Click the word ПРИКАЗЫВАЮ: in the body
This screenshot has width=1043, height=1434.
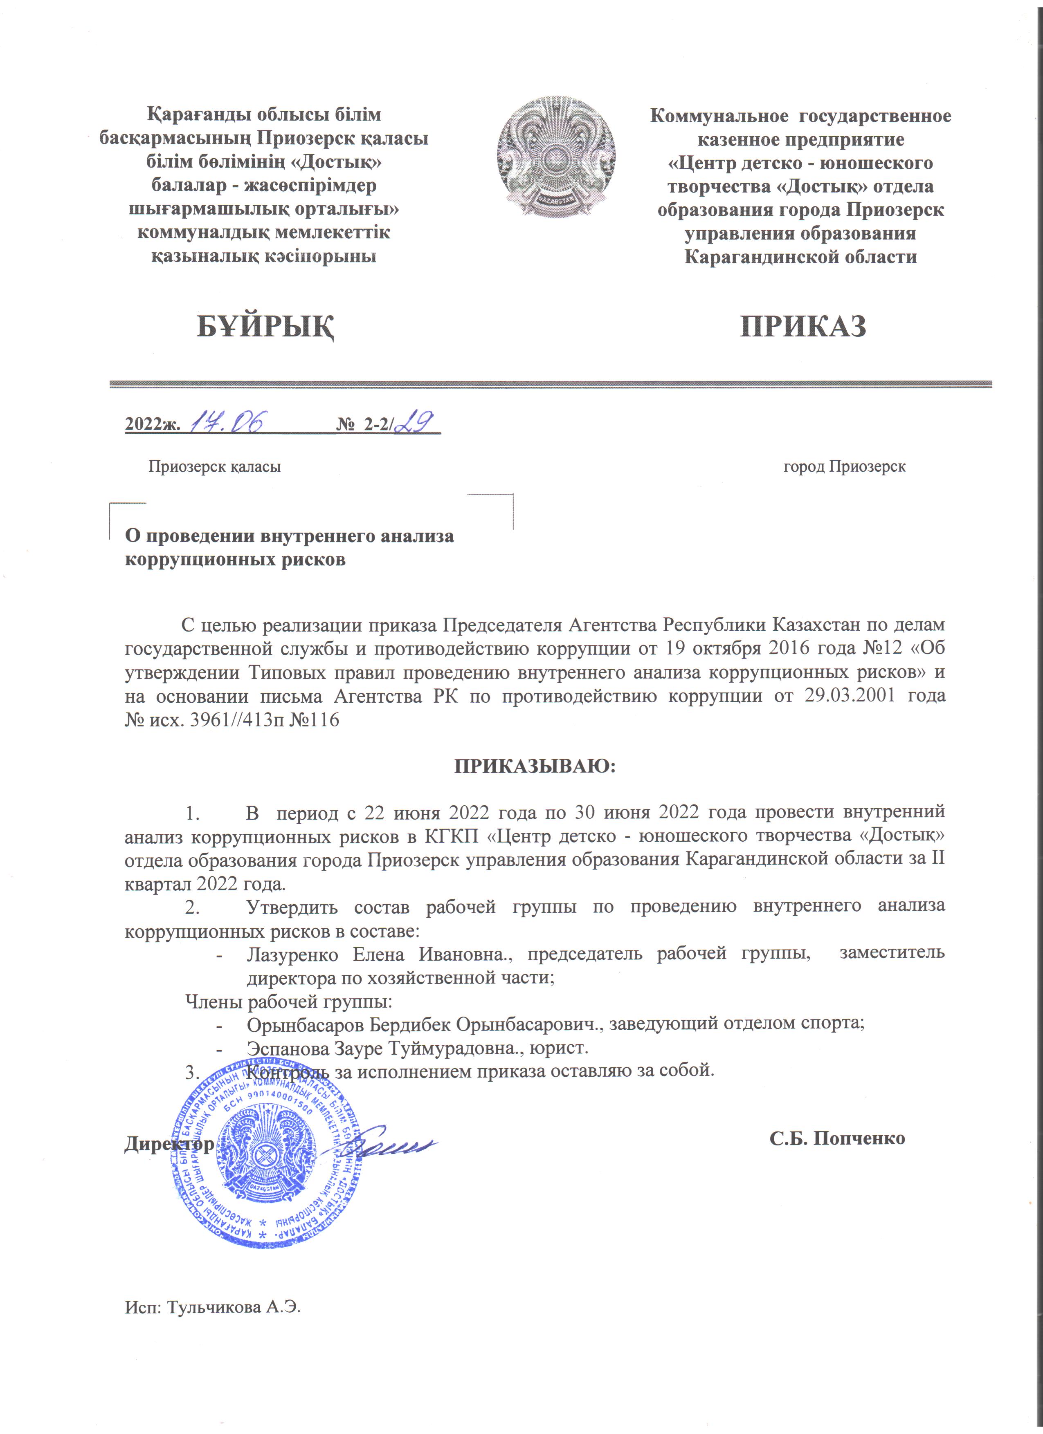(x=535, y=766)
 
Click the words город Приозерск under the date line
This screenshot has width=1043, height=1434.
(x=844, y=466)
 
